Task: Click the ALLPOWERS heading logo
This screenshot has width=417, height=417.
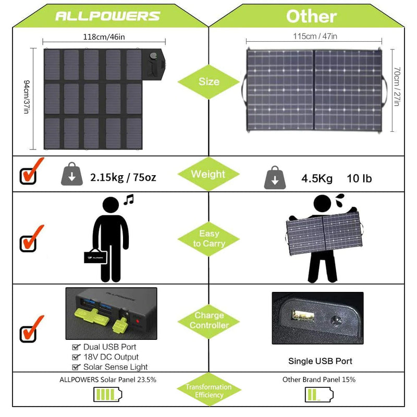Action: [x=107, y=16]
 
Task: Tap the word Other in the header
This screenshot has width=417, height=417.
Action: [x=311, y=16]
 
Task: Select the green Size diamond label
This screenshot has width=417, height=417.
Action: [x=208, y=82]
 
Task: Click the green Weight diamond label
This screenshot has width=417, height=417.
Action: [x=208, y=174]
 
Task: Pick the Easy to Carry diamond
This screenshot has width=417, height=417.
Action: [x=208, y=239]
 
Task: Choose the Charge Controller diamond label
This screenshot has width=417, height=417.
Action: [x=208, y=320]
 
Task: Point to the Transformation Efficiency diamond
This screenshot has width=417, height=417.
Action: [x=208, y=391]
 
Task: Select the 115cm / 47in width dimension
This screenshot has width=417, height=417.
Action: [x=314, y=36]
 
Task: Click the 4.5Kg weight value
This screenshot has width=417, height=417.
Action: [x=316, y=179]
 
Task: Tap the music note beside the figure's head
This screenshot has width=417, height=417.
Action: [x=129, y=199]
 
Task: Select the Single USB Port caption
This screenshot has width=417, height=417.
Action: [x=320, y=361]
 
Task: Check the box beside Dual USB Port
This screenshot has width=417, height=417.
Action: [x=76, y=347]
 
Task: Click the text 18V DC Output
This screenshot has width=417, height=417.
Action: [x=111, y=357]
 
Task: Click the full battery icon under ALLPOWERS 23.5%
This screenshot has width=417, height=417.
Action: [x=107, y=395]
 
